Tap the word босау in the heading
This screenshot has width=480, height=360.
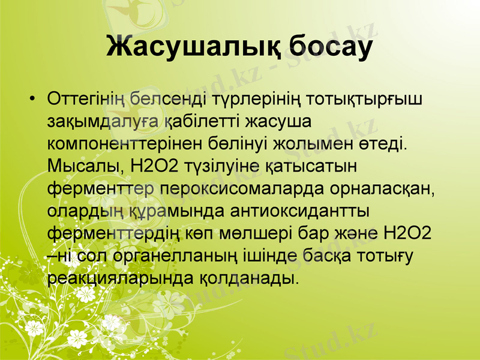328,47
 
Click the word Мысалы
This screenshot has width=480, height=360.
84,166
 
